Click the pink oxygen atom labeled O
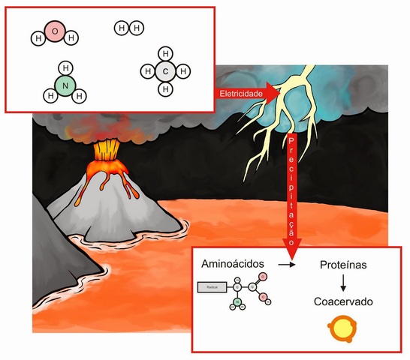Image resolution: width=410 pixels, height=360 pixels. (x=55, y=31)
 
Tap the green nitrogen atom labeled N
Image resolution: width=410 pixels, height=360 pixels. (x=65, y=86)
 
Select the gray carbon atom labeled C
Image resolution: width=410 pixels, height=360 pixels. (x=166, y=71)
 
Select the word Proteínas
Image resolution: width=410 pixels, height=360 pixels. (x=343, y=265)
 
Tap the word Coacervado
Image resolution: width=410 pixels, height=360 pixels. (x=342, y=302)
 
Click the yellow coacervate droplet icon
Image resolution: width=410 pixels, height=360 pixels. (x=342, y=329)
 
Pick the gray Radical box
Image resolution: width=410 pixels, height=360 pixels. (x=213, y=287)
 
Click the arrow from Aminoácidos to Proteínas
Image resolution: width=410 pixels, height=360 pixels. (x=286, y=265)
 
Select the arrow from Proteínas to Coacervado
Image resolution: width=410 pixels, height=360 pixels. (x=343, y=283)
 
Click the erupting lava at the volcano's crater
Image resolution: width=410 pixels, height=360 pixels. (x=105, y=151)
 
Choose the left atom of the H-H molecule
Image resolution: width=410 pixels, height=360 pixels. (x=121, y=28)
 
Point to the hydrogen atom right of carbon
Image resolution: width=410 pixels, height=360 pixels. (x=184, y=71)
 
